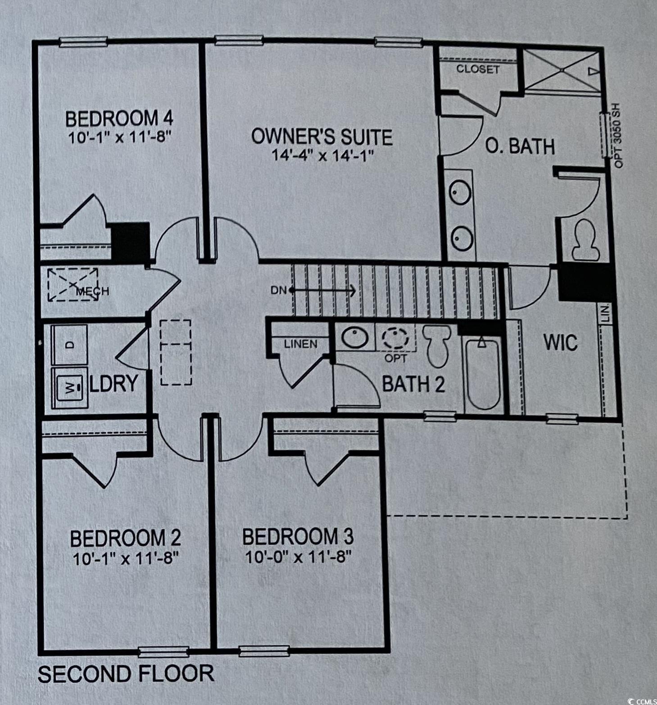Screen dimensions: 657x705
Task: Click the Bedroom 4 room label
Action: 119,119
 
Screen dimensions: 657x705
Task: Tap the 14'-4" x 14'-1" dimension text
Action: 323,156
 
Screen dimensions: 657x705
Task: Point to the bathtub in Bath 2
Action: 483,374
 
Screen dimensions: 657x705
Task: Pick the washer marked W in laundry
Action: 70,388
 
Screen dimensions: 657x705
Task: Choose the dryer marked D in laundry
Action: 70,344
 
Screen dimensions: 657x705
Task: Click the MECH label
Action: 92,291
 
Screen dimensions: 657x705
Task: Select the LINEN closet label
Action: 301,344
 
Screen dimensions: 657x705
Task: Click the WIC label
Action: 560,343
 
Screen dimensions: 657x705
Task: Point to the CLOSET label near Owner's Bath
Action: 478,69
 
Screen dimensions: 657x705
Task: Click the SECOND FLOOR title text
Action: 126,673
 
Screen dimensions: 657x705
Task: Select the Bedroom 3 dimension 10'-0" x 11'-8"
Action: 298,558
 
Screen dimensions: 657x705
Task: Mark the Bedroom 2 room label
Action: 126,538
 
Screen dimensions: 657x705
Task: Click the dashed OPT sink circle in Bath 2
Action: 395,337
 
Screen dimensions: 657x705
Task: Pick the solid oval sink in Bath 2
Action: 355,337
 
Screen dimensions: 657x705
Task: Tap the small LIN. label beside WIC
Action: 606,313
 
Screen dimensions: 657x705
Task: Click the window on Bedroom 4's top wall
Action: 84,42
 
